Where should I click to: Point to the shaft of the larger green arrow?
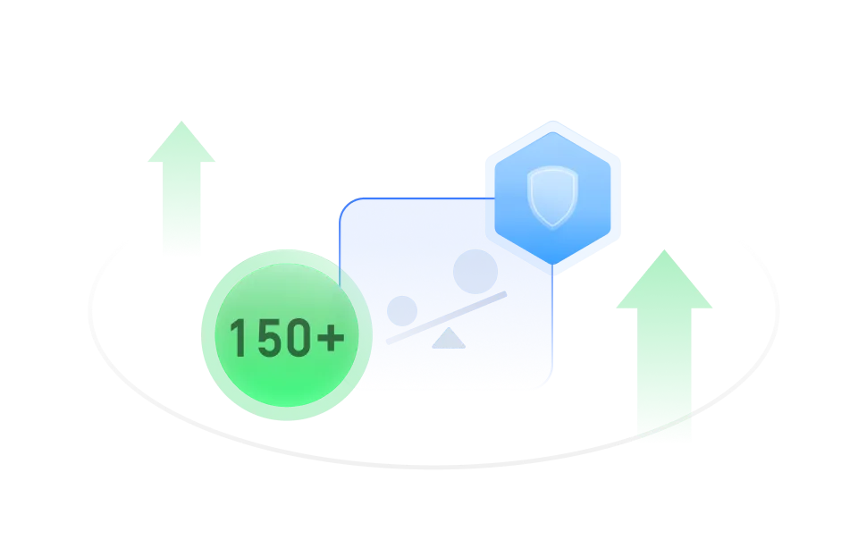tap(665, 375)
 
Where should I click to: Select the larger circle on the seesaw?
tap(475, 271)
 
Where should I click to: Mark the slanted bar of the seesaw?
tap(447, 318)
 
